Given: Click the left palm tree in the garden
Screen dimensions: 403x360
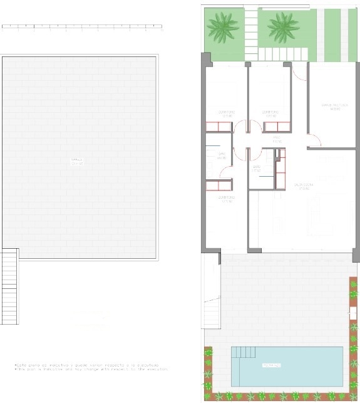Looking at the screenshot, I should pyautogui.click(x=223, y=26).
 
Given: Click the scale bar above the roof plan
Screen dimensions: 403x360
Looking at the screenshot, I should pyautogui.click(x=82, y=27).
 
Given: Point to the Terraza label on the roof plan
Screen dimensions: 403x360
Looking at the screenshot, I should pyautogui.click(x=76, y=162).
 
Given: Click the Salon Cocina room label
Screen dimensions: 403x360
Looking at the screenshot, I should pyautogui.click(x=304, y=186).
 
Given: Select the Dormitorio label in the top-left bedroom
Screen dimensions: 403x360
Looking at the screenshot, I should pyautogui.click(x=226, y=114).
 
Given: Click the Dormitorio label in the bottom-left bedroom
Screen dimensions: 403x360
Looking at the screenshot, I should pyautogui.click(x=226, y=199).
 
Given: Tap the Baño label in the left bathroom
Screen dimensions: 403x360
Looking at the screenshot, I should pyautogui.click(x=221, y=155).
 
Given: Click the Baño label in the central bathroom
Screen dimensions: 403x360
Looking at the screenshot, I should pyautogui.click(x=257, y=168).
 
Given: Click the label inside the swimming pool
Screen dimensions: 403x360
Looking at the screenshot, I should pyautogui.click(x=271, y=365).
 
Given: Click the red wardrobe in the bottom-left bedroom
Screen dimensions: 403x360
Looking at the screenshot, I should pyautogui.click(x=219, y=186).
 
